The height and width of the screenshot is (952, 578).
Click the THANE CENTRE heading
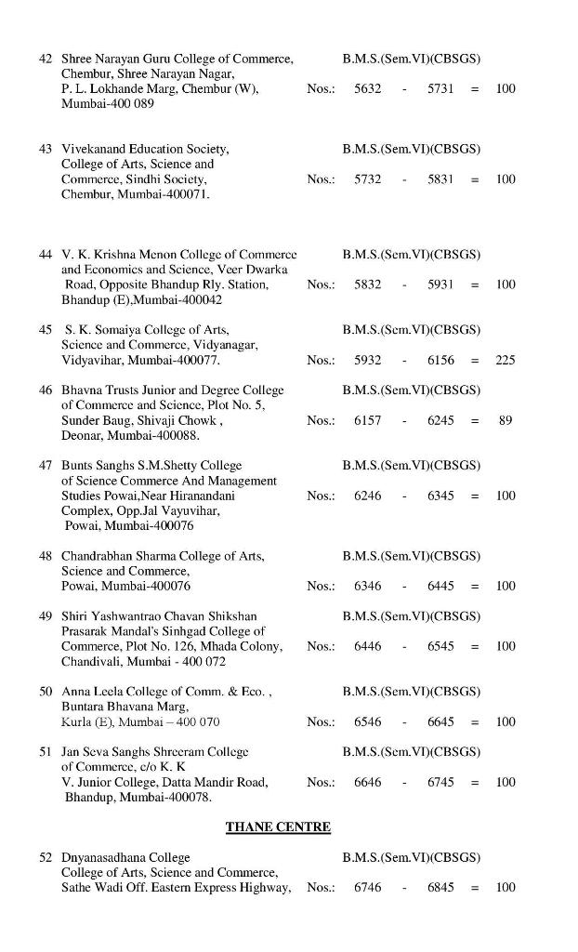(278, 826)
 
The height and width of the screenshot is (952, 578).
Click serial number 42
(46, 59)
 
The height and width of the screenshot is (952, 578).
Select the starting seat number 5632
(367, 88)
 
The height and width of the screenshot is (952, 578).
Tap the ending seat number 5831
(440, 178)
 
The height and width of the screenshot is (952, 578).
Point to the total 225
(505, 360)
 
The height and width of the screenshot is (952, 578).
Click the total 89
(505, 420)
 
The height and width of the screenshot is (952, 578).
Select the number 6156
(440, 360)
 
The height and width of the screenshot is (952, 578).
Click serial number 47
(46, 465)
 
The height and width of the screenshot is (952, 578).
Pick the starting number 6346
(367, 586)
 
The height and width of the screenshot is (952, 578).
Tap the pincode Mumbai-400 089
(107, 104)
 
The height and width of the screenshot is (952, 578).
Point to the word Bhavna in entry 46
(81, 390)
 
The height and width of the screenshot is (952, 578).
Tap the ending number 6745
(440, 782)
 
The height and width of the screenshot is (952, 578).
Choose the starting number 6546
(367, 721)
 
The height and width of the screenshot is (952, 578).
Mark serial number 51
(46, 751)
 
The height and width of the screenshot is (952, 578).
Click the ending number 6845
(440, 888)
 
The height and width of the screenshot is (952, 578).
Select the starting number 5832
(367, 284)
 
